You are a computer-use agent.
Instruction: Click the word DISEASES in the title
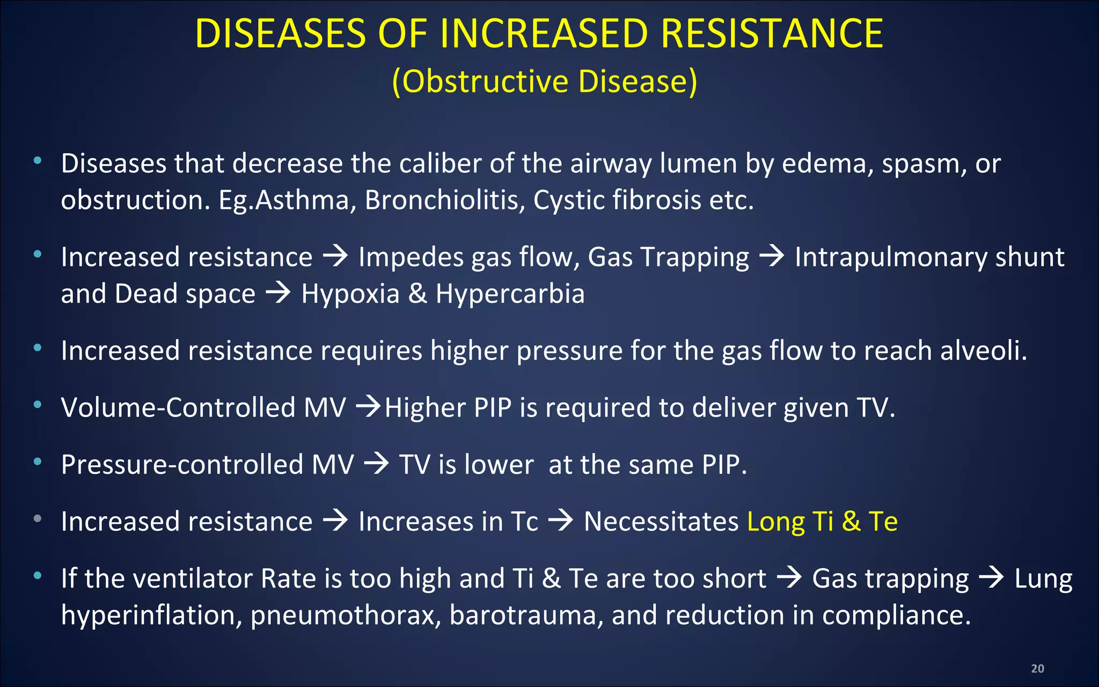[280, 34]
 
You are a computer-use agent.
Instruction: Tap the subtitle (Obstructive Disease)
[544, 82]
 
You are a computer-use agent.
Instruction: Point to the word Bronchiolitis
[445, 200]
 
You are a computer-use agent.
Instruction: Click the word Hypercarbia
[510, 294]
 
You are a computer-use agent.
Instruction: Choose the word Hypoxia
[350, 294]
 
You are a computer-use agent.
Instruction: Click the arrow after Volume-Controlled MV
[369, 407]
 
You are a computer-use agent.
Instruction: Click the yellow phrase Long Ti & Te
[822, 522]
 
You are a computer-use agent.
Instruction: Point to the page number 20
[1037, 668]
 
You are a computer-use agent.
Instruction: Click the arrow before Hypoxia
[279, 293]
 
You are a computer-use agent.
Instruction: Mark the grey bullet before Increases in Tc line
[37, 518]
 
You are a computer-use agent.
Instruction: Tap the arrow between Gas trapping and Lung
[991, 578]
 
